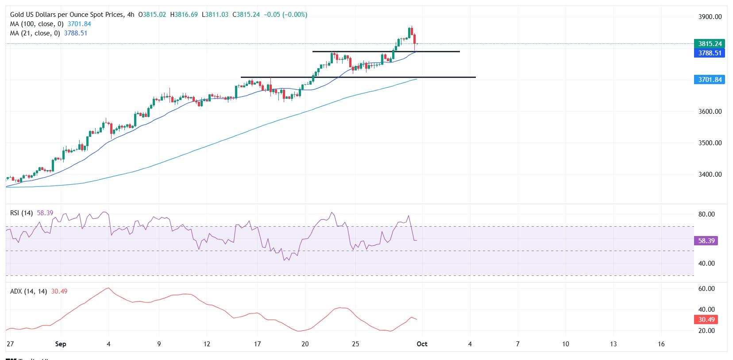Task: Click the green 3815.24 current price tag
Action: tap(710, 43)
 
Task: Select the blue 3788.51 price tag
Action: tap(710, 53)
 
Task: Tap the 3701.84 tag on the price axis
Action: tap(710, 80)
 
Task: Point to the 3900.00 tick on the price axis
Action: tap(710, 17)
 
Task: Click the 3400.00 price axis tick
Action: tap(710, 174)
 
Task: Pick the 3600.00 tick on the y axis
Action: tap(710, 112)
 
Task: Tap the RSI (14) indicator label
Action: tap(21, 213)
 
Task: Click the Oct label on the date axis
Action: tap(422, 344)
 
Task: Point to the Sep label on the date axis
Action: tap(61, 344)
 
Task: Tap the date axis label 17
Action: tap(257, 344)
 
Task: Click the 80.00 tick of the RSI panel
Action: tap(706, 214)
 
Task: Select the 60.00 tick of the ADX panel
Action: tap(706, 289)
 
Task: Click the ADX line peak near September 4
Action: tap(108, 288)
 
